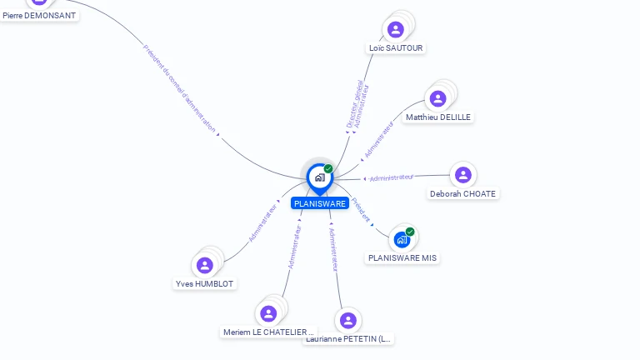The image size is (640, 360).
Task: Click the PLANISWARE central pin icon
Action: click(x=319, y=177)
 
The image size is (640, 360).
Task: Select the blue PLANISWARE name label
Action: click(x=319, y=203)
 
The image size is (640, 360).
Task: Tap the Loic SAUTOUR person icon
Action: click(x=395, y=30)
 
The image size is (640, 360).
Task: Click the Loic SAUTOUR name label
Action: click(x=397, y=48)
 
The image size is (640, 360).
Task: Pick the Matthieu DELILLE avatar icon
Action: click(x=437, y=99)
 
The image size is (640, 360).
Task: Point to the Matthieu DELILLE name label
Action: click(x=438, y=117)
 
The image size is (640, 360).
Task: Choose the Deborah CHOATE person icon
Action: click(x=462, y=175)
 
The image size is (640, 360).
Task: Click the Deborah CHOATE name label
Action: click(x=463, y=194)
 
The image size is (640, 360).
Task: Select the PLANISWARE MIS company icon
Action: click(x=402, y=240)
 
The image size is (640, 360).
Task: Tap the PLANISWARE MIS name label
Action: click(x=402, y=258)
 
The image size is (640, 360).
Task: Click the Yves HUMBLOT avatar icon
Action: click(x=205, y=266)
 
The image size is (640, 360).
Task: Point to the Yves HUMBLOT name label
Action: click(x=205, y=284)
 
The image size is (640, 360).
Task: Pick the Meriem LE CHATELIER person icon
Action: click(x=267, y=314)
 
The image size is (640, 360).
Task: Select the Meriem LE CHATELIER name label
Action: click(x=269, y=332)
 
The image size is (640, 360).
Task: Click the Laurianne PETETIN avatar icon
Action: click(x=348, y=320)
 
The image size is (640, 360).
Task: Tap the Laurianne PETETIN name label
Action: click(x=348, y=339)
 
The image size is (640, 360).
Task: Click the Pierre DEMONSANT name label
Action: click(x=39, y=15)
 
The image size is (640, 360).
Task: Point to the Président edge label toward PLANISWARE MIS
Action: click(x=361, y=208)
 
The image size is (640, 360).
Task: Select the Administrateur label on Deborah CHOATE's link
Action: click(x=392, y=177)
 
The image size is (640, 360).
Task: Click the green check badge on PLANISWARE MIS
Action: click(x=410, y=232)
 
